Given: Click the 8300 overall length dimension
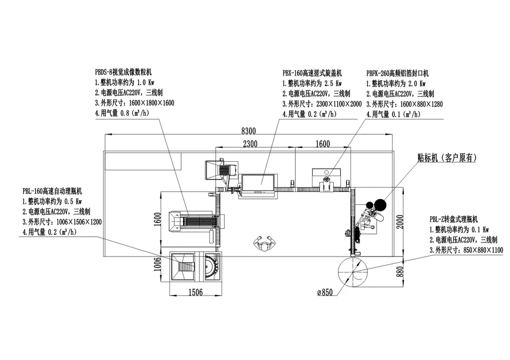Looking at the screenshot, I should point(249,130).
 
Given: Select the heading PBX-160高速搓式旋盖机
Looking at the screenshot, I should point(312,73).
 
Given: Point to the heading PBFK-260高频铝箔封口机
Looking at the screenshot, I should point(398,73).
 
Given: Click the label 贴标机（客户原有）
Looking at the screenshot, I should point(448,157).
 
